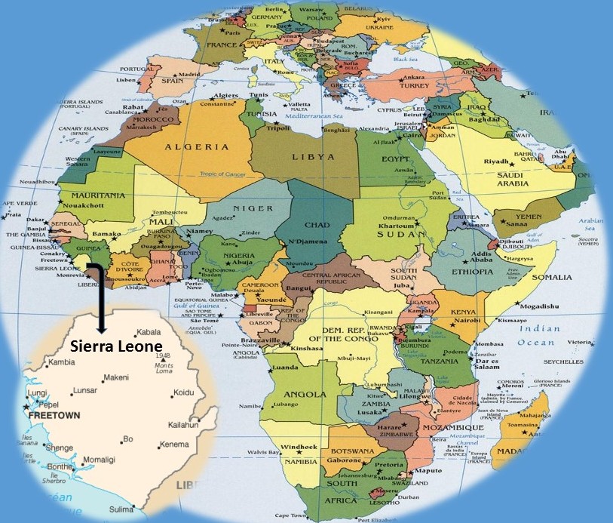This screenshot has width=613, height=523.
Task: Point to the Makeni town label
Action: tap(115, 377)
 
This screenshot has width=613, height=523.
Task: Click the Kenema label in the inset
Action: tap(175, 445)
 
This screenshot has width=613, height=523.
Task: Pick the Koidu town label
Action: tap(184, 392)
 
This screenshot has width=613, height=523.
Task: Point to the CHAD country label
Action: tap(316, 225)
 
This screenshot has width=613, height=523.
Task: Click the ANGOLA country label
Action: tap(305, 393)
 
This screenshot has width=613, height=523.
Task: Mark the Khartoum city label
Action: tap(398, 226)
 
